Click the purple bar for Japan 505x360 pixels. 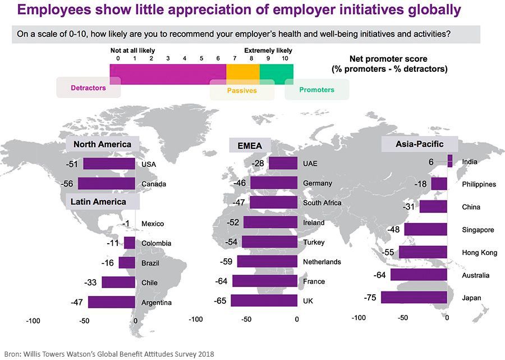tap(414, 298)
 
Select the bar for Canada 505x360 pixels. tap(107, 184)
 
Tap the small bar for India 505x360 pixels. tap(449, 161)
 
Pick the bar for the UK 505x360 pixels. tap(264, 300)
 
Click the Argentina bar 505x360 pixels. tap(112, 302)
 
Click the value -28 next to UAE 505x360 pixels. tap(259, 163)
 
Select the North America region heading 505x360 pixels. tap(102, 144)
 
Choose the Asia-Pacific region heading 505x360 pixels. tap(419, 144)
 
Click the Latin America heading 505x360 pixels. tap(98, 201)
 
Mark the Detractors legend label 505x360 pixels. tap(88, 88)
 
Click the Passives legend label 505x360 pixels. tap(242, 90)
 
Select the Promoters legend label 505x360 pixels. tap(316, 90)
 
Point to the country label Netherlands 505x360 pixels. tap(322, 262)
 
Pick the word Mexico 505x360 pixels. tap(153, 224)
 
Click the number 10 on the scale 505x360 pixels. tap(284, 58)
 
